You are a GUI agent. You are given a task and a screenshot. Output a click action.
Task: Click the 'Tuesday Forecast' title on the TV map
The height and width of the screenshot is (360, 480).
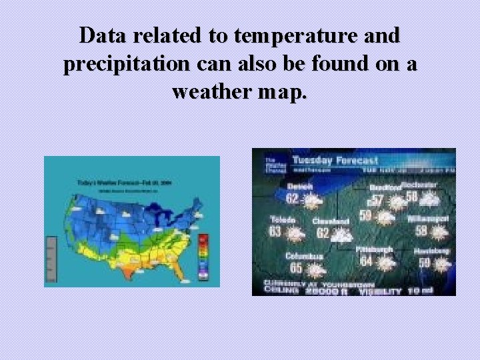tap(335, 160)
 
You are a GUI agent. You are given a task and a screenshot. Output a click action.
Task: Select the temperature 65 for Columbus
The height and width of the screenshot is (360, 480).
tap(295, 268)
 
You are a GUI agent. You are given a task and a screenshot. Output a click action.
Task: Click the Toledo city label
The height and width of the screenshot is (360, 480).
tap(283, 219)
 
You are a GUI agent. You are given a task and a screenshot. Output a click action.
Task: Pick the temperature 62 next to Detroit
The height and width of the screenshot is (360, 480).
tap(293, 198)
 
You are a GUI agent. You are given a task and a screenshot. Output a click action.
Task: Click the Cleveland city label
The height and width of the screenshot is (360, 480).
tap(331, 221)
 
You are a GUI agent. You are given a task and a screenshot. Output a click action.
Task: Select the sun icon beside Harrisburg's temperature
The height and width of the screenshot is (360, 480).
tap(441, 264)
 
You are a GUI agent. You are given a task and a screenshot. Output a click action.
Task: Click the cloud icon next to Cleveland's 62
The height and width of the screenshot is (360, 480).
tap(343, 235)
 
